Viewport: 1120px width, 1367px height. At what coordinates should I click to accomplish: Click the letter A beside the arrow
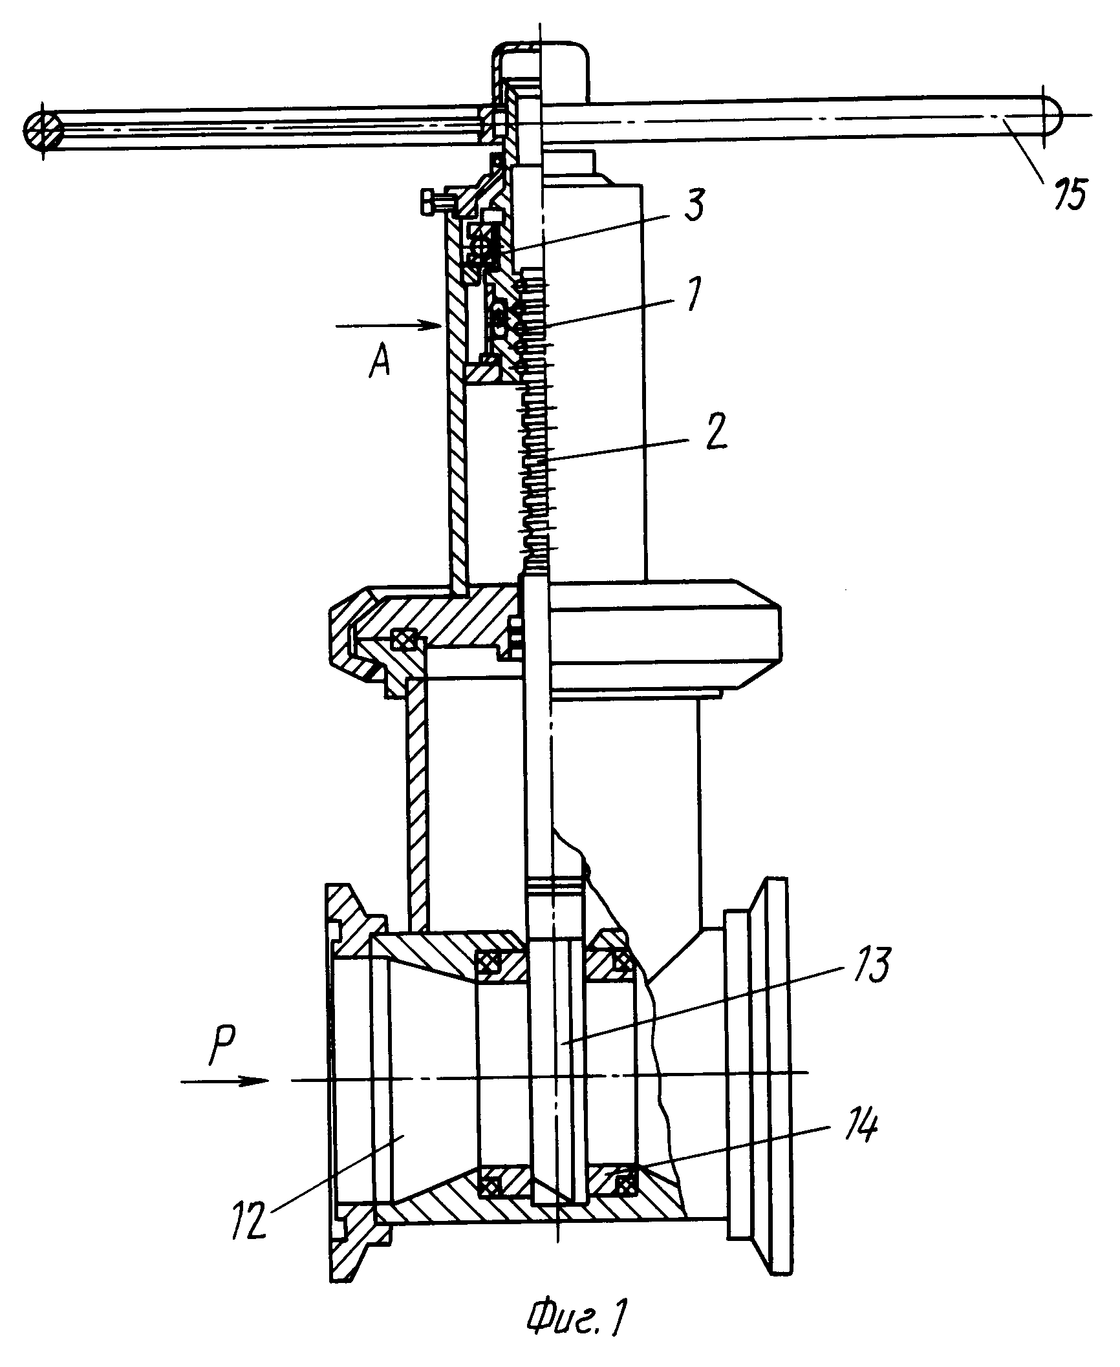click(380, 365)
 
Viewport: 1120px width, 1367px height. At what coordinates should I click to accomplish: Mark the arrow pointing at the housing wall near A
click(388, 326)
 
